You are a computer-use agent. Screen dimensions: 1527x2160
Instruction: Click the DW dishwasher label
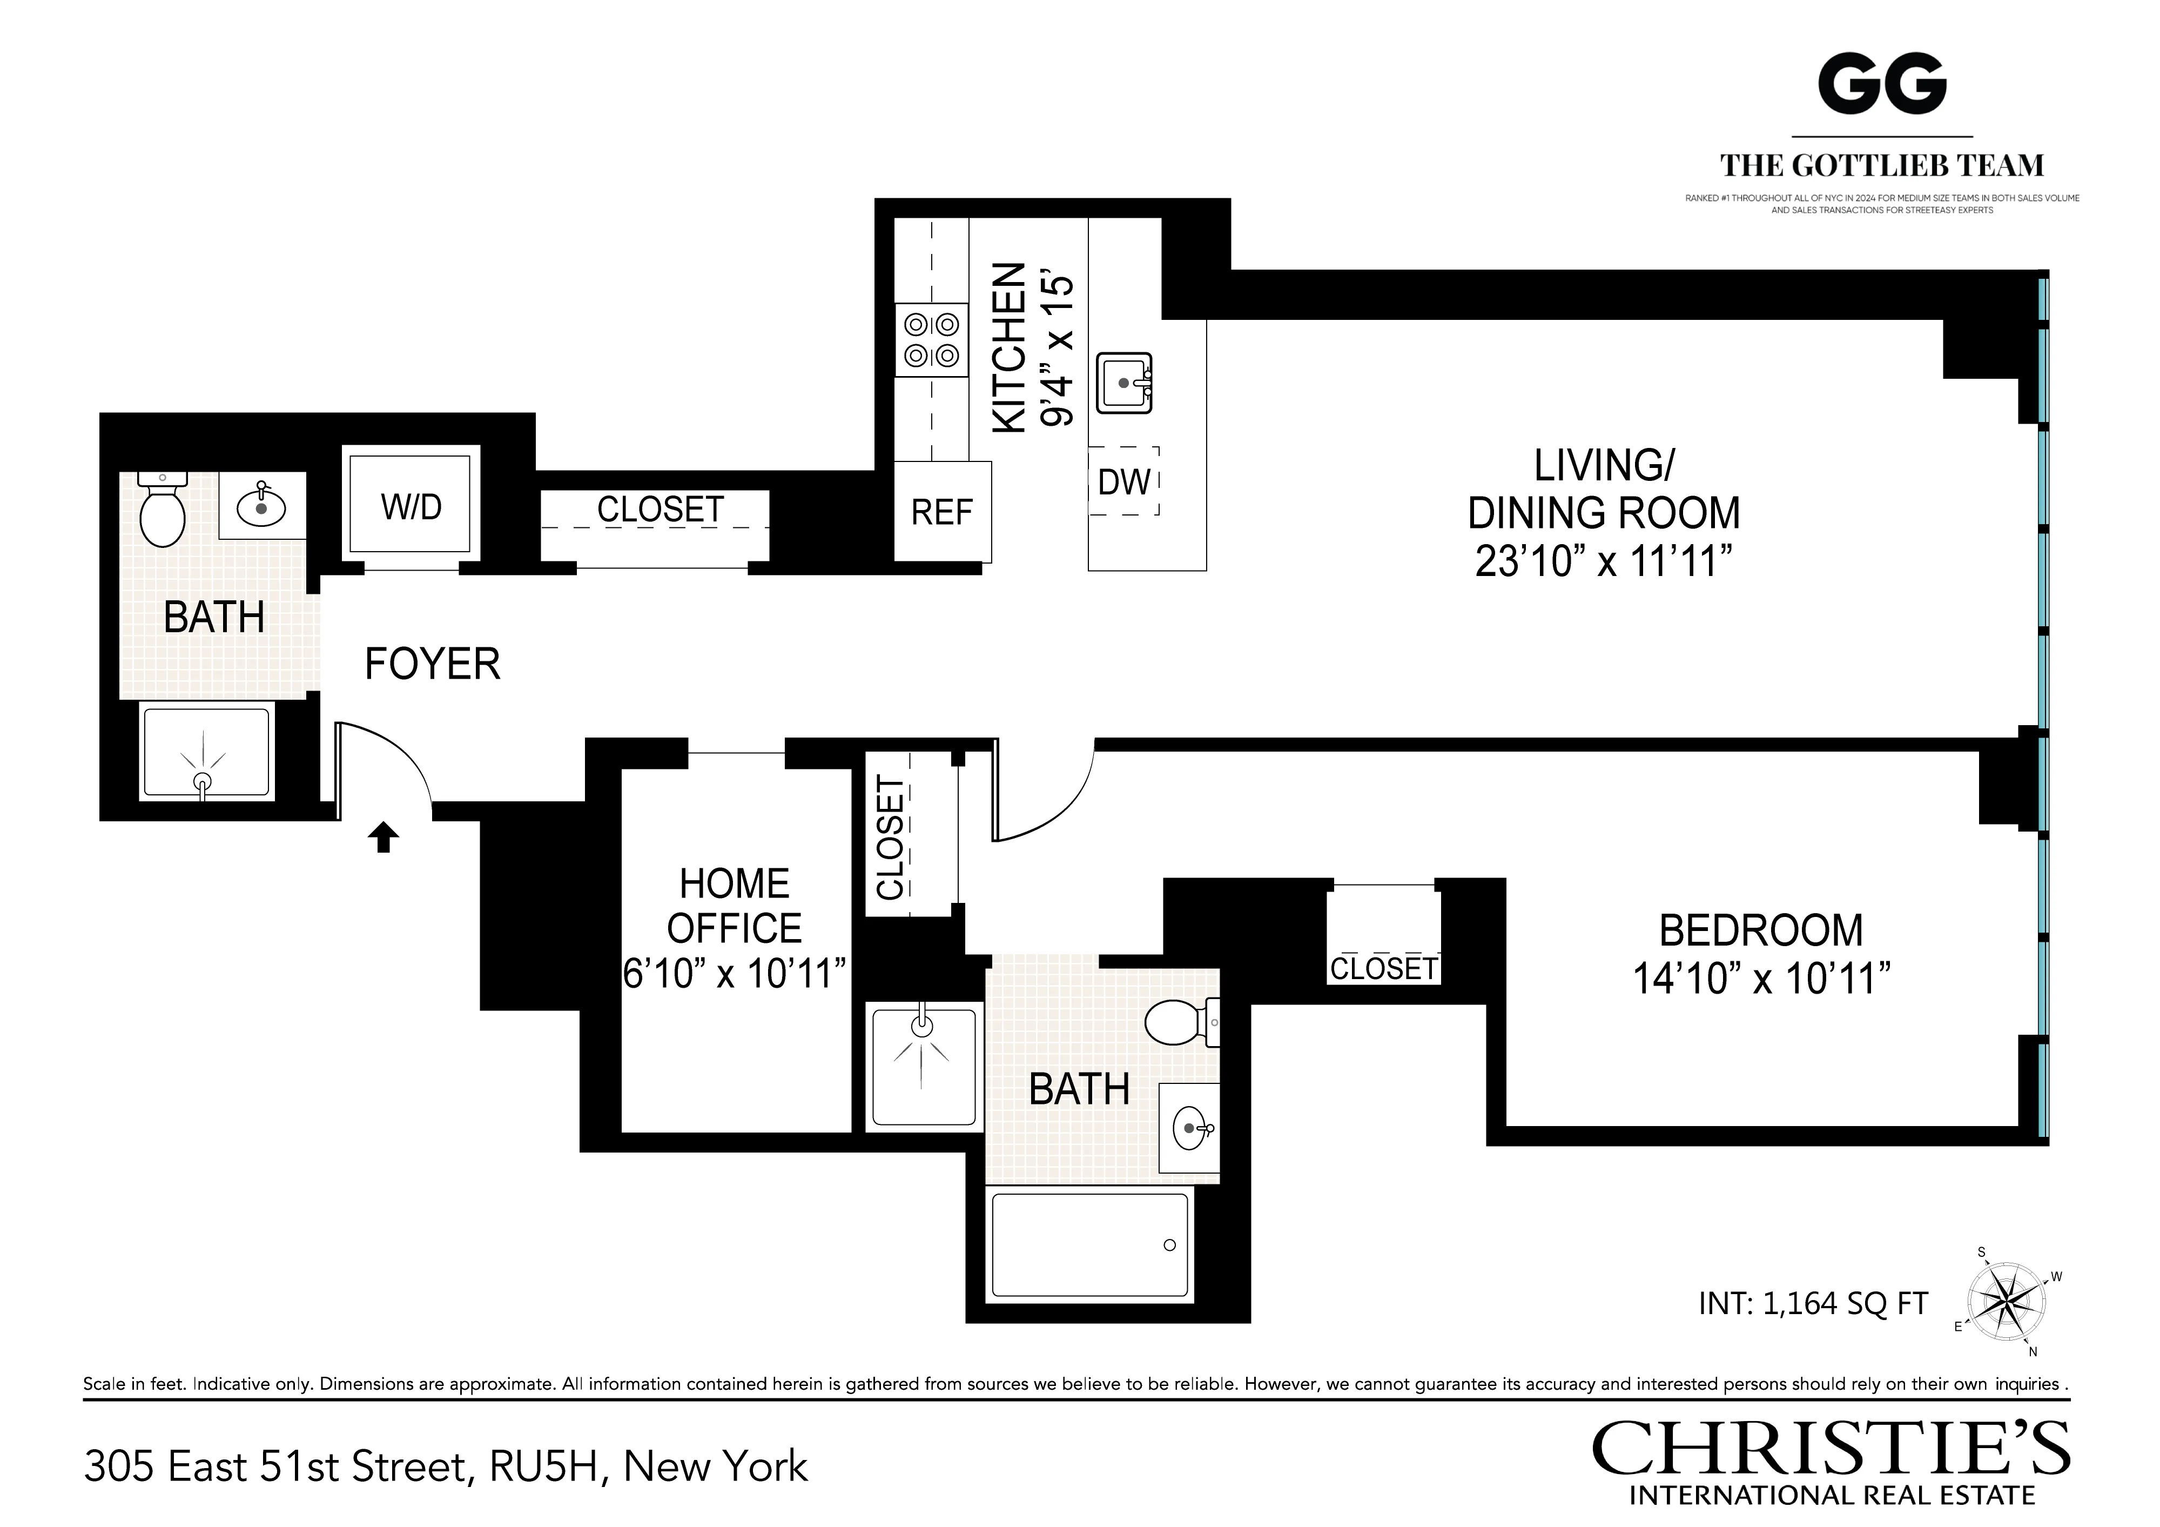point(1124,482)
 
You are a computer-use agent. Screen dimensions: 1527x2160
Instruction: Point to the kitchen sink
point(1124,383)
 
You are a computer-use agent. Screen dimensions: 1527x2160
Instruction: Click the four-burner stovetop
point(931,340)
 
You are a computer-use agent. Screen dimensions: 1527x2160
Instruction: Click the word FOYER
point(432,664)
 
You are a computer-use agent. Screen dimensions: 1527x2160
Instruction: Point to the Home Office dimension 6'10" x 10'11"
point(735,974)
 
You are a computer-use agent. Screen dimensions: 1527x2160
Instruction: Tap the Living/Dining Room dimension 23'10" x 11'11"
point(1603,562)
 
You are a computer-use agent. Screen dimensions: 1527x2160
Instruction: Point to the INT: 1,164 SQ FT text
point(1813,1303)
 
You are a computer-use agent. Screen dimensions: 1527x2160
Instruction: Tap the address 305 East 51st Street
point(445,1466)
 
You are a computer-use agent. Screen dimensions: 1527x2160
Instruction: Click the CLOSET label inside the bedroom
point(1383,968)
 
